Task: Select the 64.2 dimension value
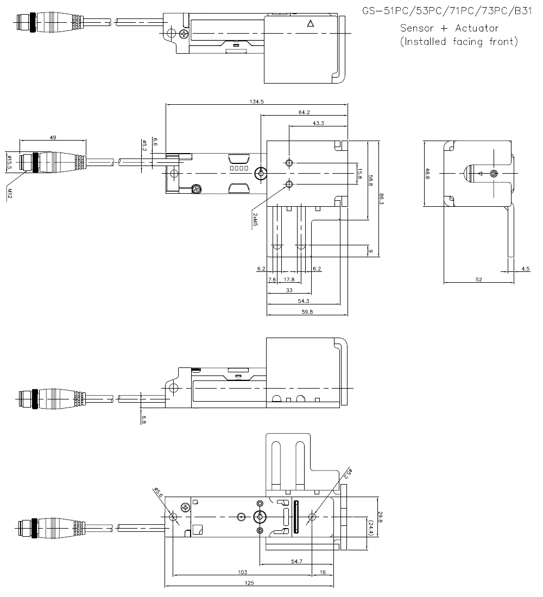click(304, 112)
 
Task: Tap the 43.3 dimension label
click(319, 123)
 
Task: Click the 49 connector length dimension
click(53, 138)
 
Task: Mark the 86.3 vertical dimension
click(382, 199)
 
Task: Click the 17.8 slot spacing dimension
click(289, 280)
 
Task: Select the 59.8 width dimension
click(304, 312)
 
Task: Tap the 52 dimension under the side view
click(478, 280)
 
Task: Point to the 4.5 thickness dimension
click(525, 269)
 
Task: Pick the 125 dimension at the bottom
click(250, 583)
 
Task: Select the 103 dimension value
click(243, 572)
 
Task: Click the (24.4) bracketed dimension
click(371, 526)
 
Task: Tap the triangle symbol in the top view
click(310, 23)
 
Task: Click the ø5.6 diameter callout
click(159, 492)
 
